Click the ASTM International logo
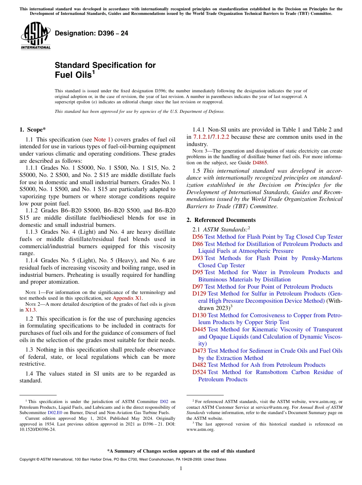click(x=35, y=36)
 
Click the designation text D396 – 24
click(x=91, y=34)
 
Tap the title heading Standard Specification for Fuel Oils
click(x=105, y=70)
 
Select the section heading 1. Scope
click(x=33, y=130)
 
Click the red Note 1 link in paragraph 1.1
click(x=102, y=140)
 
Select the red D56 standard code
click(x=198, y=237)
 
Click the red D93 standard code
click(x=198, y=258)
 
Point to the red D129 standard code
click(x=199, y=294)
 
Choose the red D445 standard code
click(x=199, y=329)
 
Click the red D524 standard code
click(x=199, y=372)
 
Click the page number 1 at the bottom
click(x=181, y=469)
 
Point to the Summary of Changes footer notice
click(x=181, y=451)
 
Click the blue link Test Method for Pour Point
click(x=269, y=287)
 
